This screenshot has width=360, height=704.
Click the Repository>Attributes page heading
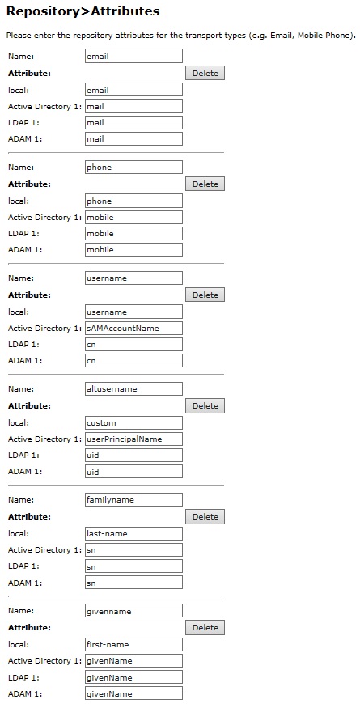[83, 11]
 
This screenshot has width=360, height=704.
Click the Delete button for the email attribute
[205, 73]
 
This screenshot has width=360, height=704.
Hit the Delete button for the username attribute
[205, 295]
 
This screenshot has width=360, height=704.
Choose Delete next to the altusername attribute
[205, 405]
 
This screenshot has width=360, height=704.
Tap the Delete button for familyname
[205, 516]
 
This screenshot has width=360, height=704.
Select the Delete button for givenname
[205, 627]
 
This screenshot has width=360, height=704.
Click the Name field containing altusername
[133, 388]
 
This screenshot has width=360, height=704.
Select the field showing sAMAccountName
[133, 328]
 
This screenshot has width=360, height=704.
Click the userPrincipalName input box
[133, 439]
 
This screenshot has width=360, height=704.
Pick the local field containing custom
[133, 422]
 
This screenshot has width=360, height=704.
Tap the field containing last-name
[133, 533]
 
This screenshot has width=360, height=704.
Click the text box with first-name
[133, 644]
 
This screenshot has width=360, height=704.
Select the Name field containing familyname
[133, 499]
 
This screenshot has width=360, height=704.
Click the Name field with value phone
[133, 167]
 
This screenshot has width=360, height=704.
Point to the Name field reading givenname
[133, 610]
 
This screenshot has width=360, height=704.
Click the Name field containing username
[133, 278]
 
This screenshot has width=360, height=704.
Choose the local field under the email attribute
[133, 90]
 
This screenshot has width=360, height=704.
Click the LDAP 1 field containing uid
[133, 455]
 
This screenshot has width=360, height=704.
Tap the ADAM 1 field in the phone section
[133, 249]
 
